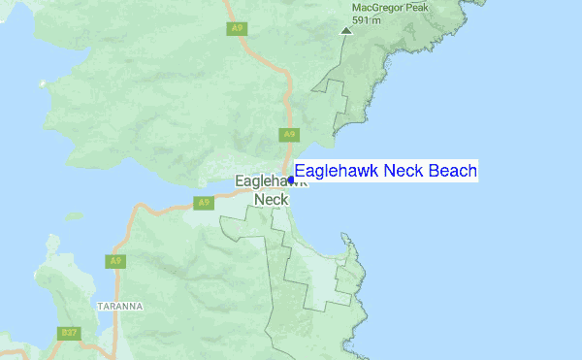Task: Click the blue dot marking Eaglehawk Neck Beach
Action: pos(291,180)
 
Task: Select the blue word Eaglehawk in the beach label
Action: pos(337,172)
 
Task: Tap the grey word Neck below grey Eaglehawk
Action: pos(271,200)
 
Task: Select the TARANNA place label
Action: pos(121,306)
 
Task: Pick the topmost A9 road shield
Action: pos(236,29)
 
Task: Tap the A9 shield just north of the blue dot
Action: pos(288,134)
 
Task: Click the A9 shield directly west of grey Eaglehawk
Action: pos(202,203)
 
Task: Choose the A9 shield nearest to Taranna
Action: pos(115,261)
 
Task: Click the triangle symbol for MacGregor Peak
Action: pos(346,31)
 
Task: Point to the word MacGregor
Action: pos(374,7)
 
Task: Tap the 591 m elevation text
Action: pos(364,19)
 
